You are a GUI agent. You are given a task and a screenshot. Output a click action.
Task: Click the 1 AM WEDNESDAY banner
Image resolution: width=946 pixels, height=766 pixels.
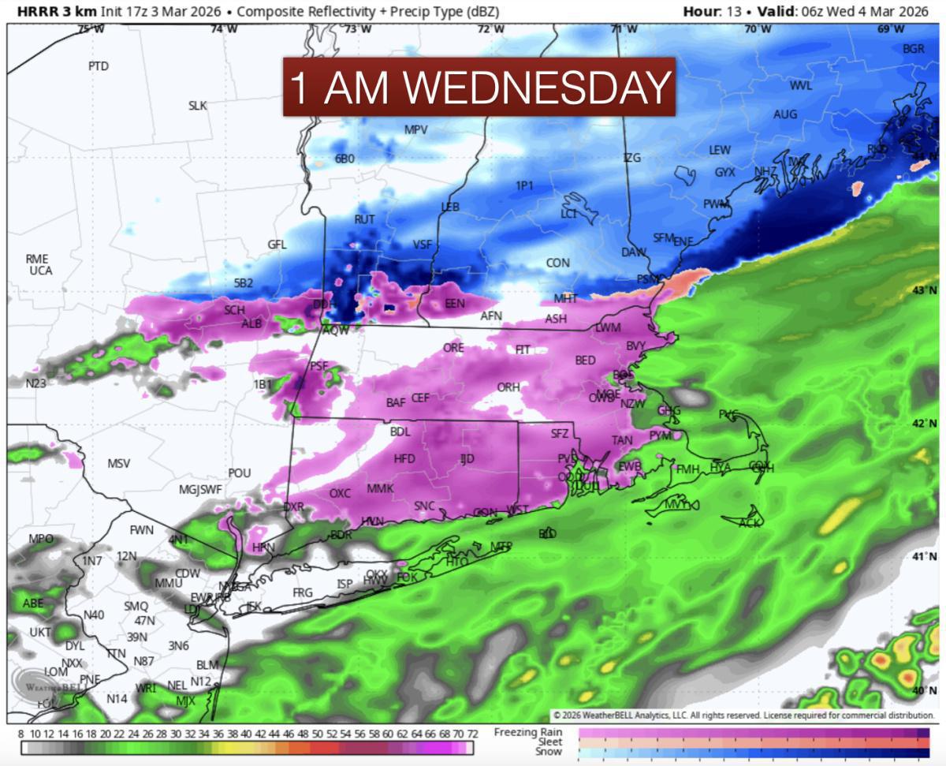pyautogui.click(x=479, y=87)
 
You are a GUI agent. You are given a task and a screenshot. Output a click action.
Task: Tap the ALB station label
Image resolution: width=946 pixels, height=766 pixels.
pyautogui.click(x=251, y=323)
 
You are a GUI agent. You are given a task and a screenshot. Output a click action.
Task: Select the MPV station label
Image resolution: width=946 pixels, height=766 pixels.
pyautogui.click(x=415, y=129)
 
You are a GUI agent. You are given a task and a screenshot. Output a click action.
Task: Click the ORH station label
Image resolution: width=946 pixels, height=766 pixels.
pyautogui.click(x=508, y=387)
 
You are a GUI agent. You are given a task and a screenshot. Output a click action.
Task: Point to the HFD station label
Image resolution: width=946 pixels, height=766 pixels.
pyautogui.click(x=404, y=458)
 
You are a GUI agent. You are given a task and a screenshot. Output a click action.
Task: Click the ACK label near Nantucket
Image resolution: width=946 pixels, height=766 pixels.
pyautogui.click(x=750, y=522)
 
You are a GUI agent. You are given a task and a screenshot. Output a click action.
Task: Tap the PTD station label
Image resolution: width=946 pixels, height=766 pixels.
pyautogui.click(x=99, y=66)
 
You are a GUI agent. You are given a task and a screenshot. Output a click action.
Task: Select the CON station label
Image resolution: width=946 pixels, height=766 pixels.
pyautogui.click(x=557, y=263)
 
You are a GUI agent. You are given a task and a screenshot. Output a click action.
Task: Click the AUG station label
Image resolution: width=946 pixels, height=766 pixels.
pyautogui.click(x=784, y=114)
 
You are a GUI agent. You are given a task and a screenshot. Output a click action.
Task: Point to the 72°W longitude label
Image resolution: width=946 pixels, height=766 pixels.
pyautogui.click(x=491, y=29)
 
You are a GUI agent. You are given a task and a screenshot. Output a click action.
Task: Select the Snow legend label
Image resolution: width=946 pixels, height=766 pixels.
pyautogui.click(x=549, y=751)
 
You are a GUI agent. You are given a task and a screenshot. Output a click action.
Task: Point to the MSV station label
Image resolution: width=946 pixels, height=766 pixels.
pyautogui.click(x=118, y=463)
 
